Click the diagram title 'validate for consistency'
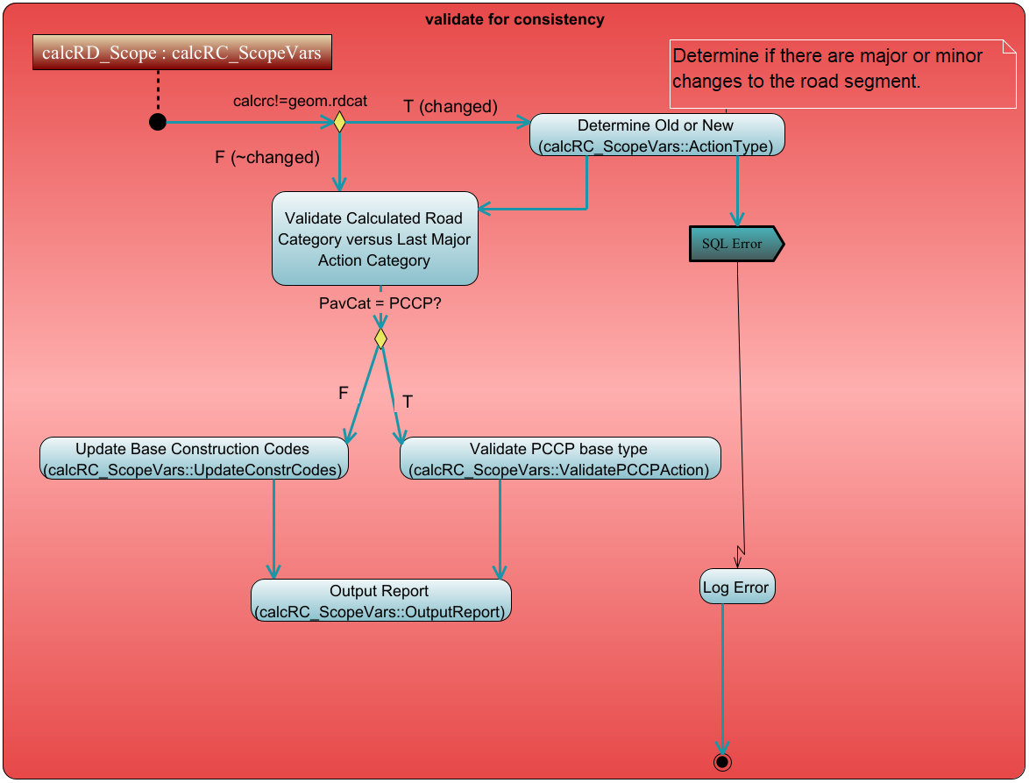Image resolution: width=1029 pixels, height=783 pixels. coord(514,19)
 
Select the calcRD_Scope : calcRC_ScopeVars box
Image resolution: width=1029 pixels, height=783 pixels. coord(181,53)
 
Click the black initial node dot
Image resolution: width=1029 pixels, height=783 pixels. coord(158,122)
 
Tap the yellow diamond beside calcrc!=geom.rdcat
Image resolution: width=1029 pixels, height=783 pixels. coord(339,122)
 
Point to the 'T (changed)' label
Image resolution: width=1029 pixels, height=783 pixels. coord(450,106)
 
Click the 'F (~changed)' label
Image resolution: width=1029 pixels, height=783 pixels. coord(266,158)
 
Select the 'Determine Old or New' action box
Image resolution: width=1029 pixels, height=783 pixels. coord(656,136)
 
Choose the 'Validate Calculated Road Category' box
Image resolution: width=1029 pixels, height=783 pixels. coord(374,238)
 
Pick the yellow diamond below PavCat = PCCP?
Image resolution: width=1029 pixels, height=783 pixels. coord(380,338)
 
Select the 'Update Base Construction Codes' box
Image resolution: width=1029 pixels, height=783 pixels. coord(193,459)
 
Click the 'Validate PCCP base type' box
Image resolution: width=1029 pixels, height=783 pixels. coord(559,459)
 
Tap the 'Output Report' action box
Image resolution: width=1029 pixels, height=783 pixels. coord(380,601)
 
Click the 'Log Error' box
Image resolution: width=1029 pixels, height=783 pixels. coord(737,587)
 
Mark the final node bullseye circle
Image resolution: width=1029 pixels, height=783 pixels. coord(722,761)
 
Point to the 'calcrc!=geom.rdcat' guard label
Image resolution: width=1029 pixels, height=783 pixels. coord(300,101)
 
